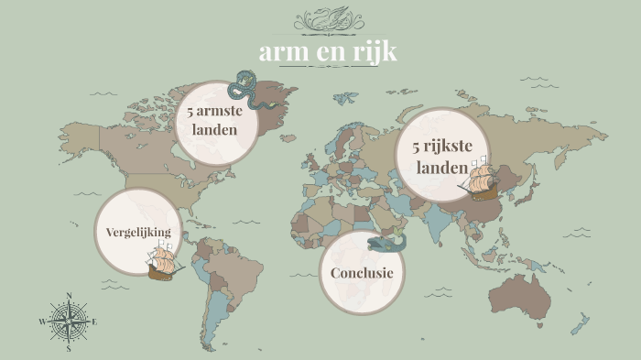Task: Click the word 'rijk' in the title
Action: [x=375, y=53]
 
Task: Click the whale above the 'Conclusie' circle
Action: [x=387, y=243]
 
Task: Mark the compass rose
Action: [x=69, y=322]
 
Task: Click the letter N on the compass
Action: [x=69, y=296]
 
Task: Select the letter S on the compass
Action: [x=69, y=349]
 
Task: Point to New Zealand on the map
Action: [x=581, y=322]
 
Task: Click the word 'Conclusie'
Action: [x=362, y=273]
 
